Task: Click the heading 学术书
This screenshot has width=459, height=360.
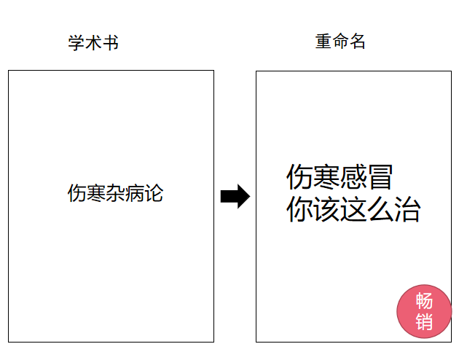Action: click(x=93, y=43)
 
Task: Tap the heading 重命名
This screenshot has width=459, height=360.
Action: click(x=340, y=42)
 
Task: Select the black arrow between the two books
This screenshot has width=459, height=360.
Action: click(x=235, y=196)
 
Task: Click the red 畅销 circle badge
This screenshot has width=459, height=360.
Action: click(x=423, y=311)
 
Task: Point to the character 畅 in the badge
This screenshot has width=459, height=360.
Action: click(x=423, y=301)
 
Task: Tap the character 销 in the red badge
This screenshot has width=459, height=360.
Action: click(x=423, y=321)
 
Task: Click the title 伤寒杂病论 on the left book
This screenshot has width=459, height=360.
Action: click(x=115, y=194)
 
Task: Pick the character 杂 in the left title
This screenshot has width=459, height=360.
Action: click(x=115, y=194)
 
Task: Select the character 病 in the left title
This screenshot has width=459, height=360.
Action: click(x=134, y=194)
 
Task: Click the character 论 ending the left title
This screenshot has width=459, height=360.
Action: click(x=153, y=194)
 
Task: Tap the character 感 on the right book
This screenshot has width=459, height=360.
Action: click(x=353, y=177)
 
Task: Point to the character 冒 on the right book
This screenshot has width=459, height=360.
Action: click(x=380, y=177)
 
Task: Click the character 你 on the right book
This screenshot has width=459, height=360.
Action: click(x=299, y=210)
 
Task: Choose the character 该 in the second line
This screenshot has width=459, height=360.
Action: click(x=326, y=210)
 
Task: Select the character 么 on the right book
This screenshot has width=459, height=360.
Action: click(x=380, y=210)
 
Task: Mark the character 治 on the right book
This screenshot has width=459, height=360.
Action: click(x=407, y=210)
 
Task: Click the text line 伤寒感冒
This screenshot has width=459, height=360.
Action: click(x=340, y=177)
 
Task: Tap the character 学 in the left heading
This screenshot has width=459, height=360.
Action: click(x=76, y=43)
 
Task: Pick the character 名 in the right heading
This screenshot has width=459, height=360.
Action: click(x=357, y=42)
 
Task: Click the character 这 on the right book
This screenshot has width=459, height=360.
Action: click(x=353, y=210)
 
